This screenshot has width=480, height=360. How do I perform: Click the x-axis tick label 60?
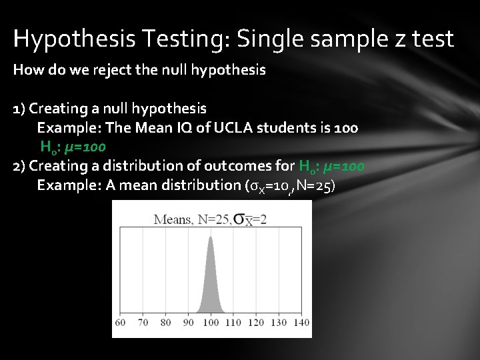[121, 323]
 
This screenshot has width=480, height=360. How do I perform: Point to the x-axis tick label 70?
[143, 323]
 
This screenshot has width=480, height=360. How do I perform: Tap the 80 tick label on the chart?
[166, 323]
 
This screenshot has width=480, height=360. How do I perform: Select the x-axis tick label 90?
[189, 323]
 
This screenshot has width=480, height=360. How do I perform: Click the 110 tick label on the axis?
[233, 323]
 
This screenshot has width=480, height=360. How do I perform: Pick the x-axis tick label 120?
[256, 323]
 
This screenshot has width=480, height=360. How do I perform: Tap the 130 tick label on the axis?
[279, 323]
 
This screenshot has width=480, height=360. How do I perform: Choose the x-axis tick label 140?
[301, 323]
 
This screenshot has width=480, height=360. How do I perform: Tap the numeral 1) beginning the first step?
[19, 108]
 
